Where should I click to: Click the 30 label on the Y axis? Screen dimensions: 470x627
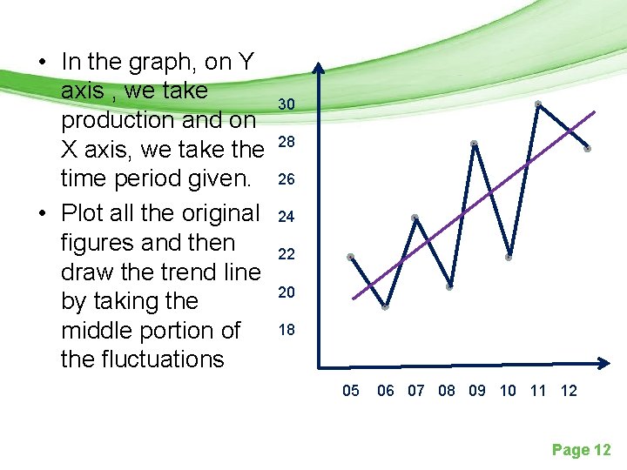click(287, 104)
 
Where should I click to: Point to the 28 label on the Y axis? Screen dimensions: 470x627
click(287, 142)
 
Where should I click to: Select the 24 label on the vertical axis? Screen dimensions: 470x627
click(287, 217)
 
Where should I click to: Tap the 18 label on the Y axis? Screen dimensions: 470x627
click(287, 330)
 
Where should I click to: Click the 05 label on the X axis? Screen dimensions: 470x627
click(350, 391)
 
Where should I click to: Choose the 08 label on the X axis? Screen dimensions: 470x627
click(447, 391)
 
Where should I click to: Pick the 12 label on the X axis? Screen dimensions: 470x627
click(569, 391)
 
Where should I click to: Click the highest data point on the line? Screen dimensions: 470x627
click(538, 104)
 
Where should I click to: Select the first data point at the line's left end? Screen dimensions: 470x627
click(350, 257)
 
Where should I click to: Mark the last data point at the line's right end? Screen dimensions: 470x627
click(588, 149)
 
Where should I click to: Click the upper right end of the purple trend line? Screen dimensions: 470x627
click(595, 111)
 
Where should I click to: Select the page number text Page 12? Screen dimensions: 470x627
click(582, 450)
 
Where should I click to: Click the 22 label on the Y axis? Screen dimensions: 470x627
click(287, 254)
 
